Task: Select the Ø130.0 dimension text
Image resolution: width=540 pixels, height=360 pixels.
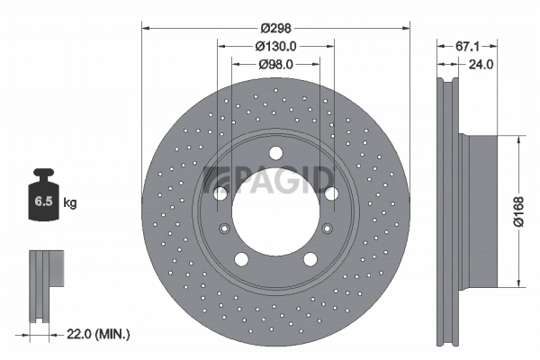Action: [276, 45]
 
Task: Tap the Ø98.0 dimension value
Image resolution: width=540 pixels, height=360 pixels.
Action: [276, 64]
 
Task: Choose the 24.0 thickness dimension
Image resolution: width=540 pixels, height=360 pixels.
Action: [481, 64]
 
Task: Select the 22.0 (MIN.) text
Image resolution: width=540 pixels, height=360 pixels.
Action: [99, 335]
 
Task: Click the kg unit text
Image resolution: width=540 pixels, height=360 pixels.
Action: [70, 203]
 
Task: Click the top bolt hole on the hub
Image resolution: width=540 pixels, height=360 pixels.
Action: [275, 152]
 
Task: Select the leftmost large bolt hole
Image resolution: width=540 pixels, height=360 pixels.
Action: [220, 193]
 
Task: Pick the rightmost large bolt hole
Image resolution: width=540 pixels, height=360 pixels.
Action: [332, 193]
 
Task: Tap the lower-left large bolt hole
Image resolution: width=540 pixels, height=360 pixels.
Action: [241, 259]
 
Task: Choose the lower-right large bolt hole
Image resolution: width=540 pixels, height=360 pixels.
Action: [310, 259]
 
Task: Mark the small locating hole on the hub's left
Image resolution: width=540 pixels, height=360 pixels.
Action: [224, 228]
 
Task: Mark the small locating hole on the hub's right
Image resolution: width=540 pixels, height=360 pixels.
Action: [328, 228]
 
